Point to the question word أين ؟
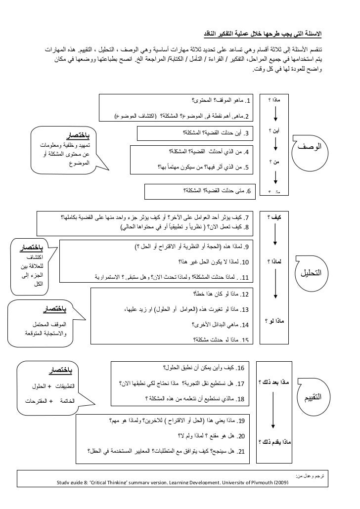273,131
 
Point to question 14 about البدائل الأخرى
221,325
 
